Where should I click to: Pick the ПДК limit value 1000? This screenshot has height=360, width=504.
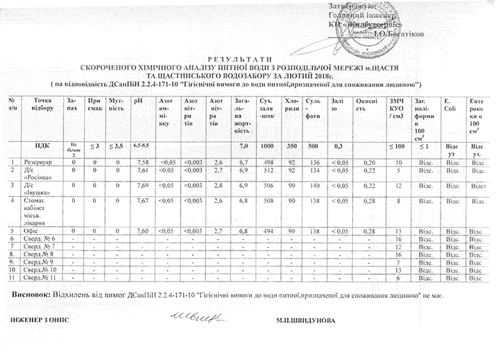pos(266,146)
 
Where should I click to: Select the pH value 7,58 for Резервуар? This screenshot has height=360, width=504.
pos(142,162)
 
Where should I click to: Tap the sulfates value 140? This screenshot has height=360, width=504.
pos(315,185)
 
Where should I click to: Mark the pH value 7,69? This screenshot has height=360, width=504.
pos(142,185)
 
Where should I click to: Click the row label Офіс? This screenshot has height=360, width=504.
pos(32,230)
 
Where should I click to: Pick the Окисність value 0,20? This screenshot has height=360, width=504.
pos(370,162)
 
